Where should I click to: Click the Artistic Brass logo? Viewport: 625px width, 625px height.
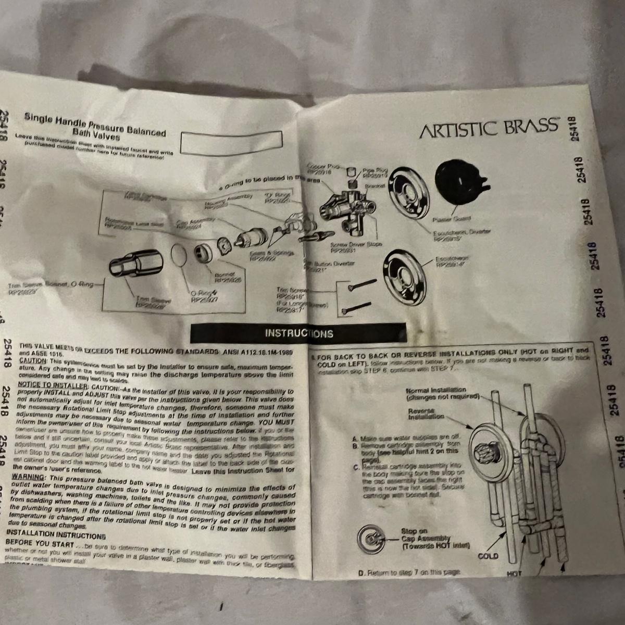coord(489,128)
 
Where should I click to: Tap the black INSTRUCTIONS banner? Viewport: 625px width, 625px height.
coord(298,333)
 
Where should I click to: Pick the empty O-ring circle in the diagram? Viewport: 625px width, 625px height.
coord(179,258)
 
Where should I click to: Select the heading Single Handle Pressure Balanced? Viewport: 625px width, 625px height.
coord(95,123)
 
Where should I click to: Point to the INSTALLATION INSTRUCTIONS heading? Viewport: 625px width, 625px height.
coord(56,534)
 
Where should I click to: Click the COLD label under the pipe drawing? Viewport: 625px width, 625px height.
coord(488,556)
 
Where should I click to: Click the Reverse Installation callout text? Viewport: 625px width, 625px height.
coord(426,414)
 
